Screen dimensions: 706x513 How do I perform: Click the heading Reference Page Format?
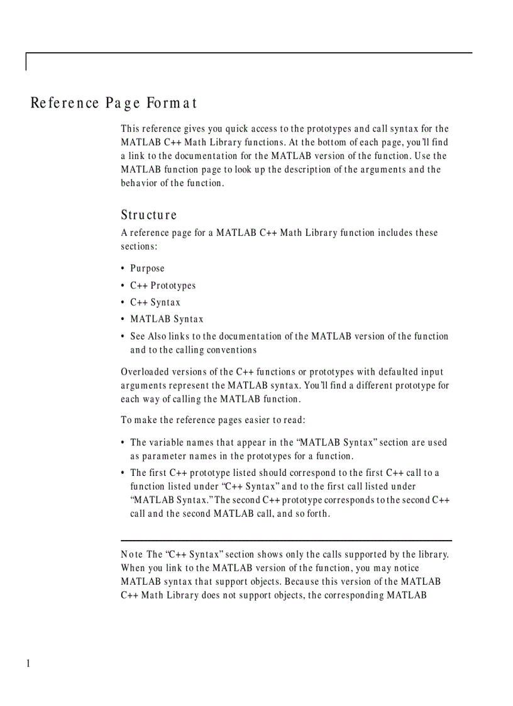coord(114,102)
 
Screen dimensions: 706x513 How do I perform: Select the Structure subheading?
coord(149,215)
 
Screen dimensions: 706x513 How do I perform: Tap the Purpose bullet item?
coord(147,268)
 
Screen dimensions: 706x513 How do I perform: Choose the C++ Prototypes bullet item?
coord(163,285)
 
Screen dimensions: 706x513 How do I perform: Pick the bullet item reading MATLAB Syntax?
coord(167,319)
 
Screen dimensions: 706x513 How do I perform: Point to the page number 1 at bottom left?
coord(28,664)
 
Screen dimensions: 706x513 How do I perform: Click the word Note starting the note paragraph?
coord(132,554)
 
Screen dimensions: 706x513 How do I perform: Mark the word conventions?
coord(229,350)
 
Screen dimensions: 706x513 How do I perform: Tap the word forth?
coord(317,514)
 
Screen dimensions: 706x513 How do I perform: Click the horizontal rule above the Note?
coord(286,540)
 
